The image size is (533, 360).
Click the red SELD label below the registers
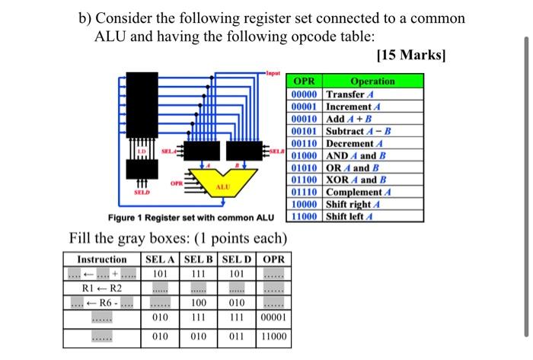pos(142,193)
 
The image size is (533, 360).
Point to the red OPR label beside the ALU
pos(176,183)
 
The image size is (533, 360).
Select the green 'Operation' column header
pos(372,81)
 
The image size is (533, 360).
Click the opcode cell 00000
pos(305,94)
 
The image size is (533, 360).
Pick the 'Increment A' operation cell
pos(356,107)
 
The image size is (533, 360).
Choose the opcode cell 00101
pos(305,132)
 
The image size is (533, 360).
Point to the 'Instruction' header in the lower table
pos(102,260)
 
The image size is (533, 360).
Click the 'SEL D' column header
pos(238,260)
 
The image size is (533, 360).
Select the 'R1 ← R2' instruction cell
pos(102,288)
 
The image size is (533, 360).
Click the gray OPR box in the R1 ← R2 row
pos(275,289)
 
